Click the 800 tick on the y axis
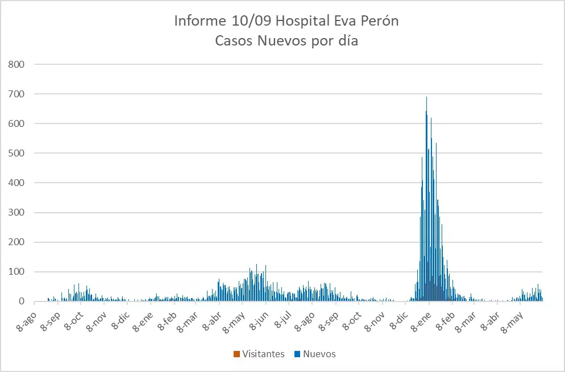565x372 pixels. click(x=16, y=64)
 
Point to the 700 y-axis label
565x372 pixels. click(x=16, y=94)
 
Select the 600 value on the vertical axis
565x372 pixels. click(x=16, y=123)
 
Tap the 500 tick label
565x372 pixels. click(x=16, y=153)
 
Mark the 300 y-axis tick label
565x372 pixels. click(x=16, y=213)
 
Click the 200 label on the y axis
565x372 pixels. click(x=16, y=242)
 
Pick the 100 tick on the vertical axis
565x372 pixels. click(x=16, y=272)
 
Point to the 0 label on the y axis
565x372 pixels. click(x=21, y=301)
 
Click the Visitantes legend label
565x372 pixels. click(x=263, y=354)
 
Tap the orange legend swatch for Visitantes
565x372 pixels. click(x=236, y=354)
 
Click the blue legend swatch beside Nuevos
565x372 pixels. click(x=297, y=354)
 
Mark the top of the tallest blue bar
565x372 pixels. click(x=426, y=97)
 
